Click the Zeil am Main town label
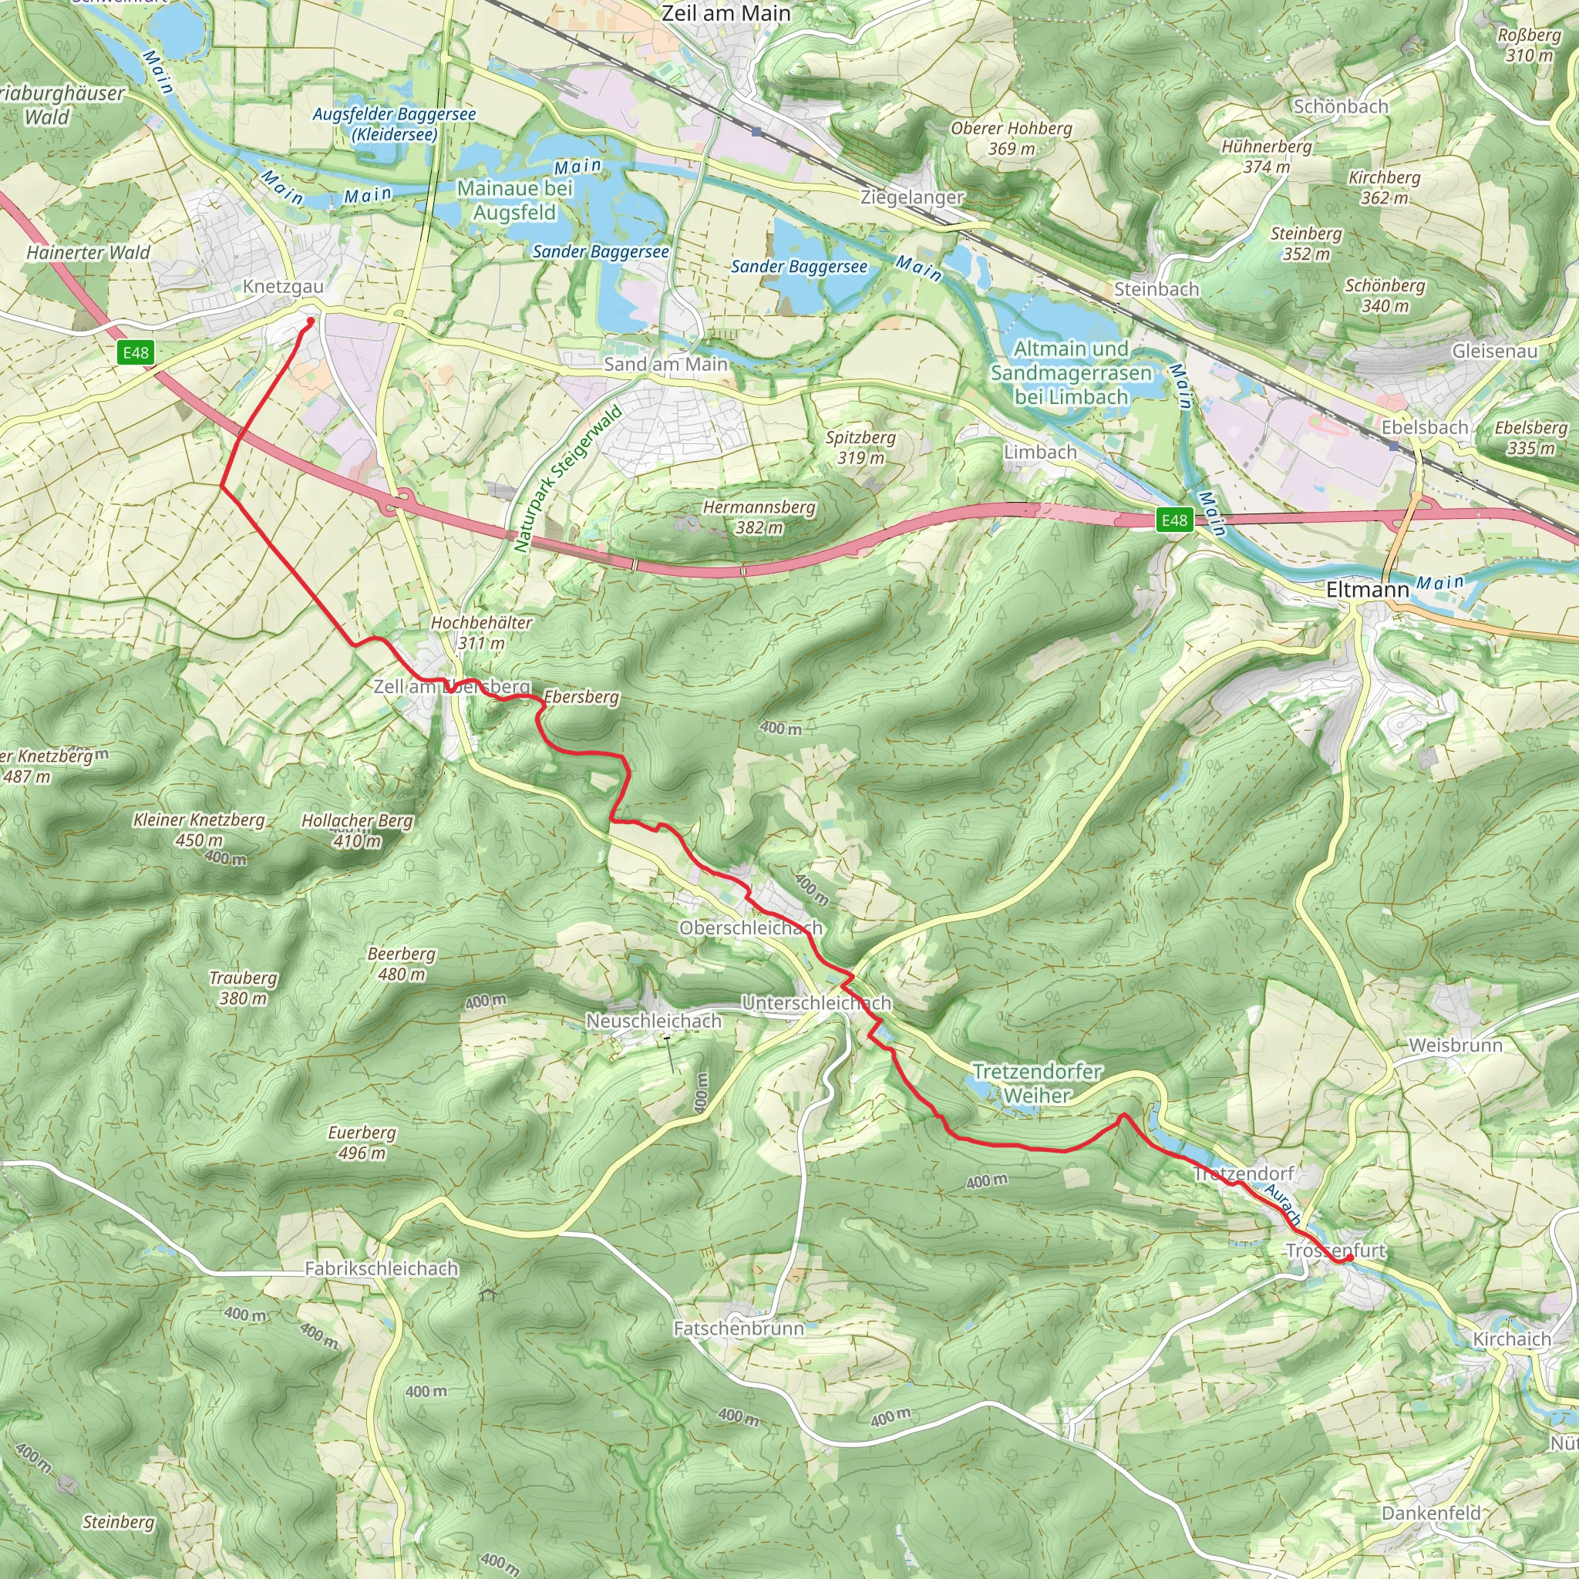(x=726, y=14)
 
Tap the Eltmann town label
(x=1367, y=589)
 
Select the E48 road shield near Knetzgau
(x=136, y=352)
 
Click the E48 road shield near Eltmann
(x=1174, y=520)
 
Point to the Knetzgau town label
(x=283, y=287)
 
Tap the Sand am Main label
(x=665, y=365)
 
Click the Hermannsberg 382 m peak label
(x=759, y=517)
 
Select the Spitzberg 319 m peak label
(x=860, y=447)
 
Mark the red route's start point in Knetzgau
(x=311, y=322)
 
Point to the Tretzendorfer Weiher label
(x=1037, y=1083)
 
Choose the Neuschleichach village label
(x=654, y=1021)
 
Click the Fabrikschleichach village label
(x=381, y=1268)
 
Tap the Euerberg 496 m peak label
(x=362, y=1143)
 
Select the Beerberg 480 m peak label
(x=401, y=964)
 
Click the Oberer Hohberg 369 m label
(x=1011, y=138)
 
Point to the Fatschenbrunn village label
(x=739, y=1328)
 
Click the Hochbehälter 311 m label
(x=481, y=632)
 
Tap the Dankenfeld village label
(x=1431, y=1513)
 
